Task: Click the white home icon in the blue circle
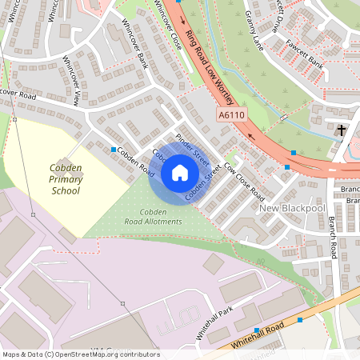pos(180,172)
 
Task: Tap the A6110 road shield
pos(230,115)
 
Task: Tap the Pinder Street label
pos(191,142)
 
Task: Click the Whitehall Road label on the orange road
pos(258,338)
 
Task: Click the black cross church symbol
pos(342,130)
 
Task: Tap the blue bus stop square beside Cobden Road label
pos(114,150)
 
